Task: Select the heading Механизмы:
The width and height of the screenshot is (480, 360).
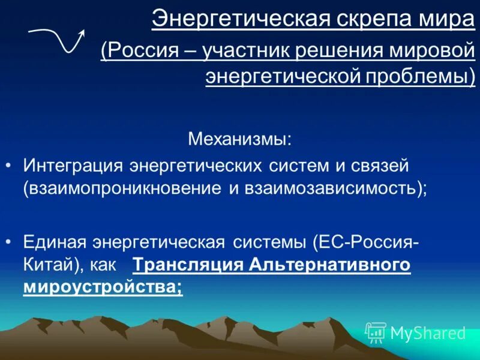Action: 240,140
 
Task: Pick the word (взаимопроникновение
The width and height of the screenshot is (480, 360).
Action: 122,188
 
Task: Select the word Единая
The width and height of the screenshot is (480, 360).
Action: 58,242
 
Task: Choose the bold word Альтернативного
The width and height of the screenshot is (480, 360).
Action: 330,265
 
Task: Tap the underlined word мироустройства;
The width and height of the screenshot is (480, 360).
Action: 103,287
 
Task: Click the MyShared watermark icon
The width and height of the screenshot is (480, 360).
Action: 376,332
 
